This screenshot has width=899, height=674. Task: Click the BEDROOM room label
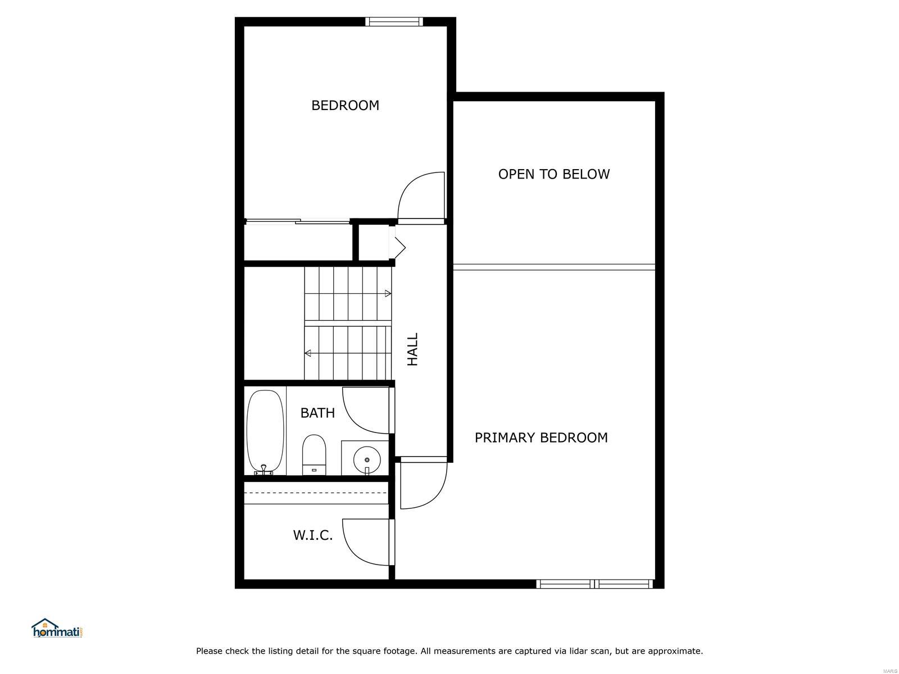point(345,106)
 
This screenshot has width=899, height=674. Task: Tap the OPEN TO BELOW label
point(554,174)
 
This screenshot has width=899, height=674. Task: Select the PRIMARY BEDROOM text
point(541,438)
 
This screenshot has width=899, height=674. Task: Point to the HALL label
point(412,349)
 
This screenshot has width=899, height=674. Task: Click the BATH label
point(317,413)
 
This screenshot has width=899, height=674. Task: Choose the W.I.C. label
point(313,535)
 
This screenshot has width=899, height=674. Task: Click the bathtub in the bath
point(265,432)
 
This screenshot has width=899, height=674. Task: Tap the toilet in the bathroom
point(314,454)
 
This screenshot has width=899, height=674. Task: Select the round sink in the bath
point(367,459)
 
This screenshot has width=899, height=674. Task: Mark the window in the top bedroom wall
point(394,21)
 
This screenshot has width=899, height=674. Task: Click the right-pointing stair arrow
point(388,293)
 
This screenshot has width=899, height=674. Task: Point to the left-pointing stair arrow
point(308,353)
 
